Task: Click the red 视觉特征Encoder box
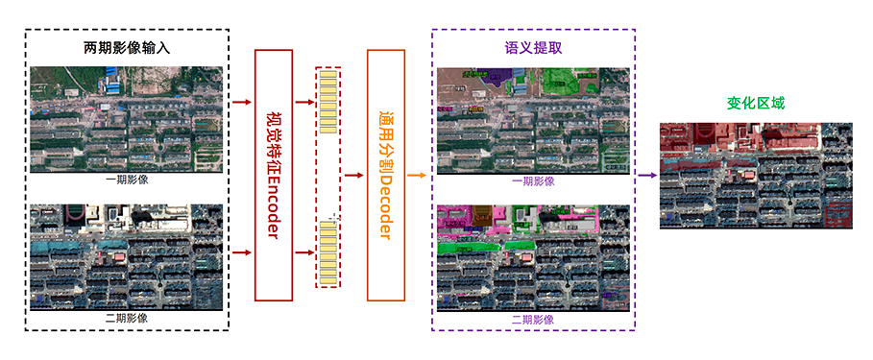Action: coord(272,175)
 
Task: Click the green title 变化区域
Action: coord(756,103)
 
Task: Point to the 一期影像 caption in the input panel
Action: coord(127,180)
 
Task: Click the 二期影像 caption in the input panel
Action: coord(127,318)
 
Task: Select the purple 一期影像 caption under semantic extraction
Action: coord(533,180)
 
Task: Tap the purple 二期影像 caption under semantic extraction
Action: coord(533,318)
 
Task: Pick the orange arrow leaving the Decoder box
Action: coord(416,176)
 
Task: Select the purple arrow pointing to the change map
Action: coord(646,176)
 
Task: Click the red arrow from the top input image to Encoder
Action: coord(241,101)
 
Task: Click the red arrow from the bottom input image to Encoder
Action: coord(241,252)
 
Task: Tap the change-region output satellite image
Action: coord(756,175)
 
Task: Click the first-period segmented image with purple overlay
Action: coord(533,120)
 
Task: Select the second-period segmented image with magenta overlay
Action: coord(533,257)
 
